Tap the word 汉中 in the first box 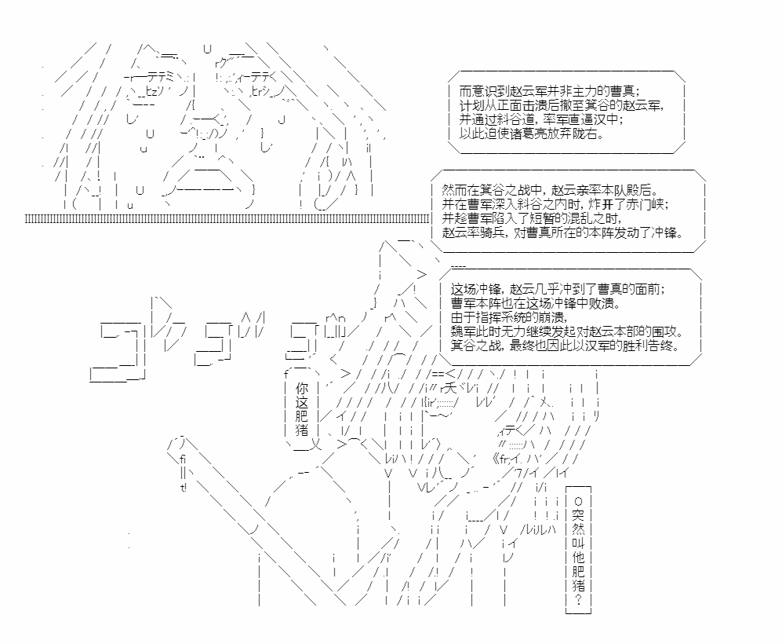pyautogui.click(x=606, y=120)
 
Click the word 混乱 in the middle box pyautogui.click(x=568, y=218)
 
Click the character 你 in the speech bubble pyautogui.click(x=302, y=388)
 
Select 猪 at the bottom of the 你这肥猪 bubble pyautogui.click(x=302, y=430)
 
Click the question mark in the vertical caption pyautogui.click(x=579, y=599)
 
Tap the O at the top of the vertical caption pyautogui.click(x=579, y=501)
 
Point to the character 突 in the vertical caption pyautogui.click(x=579, y=514)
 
